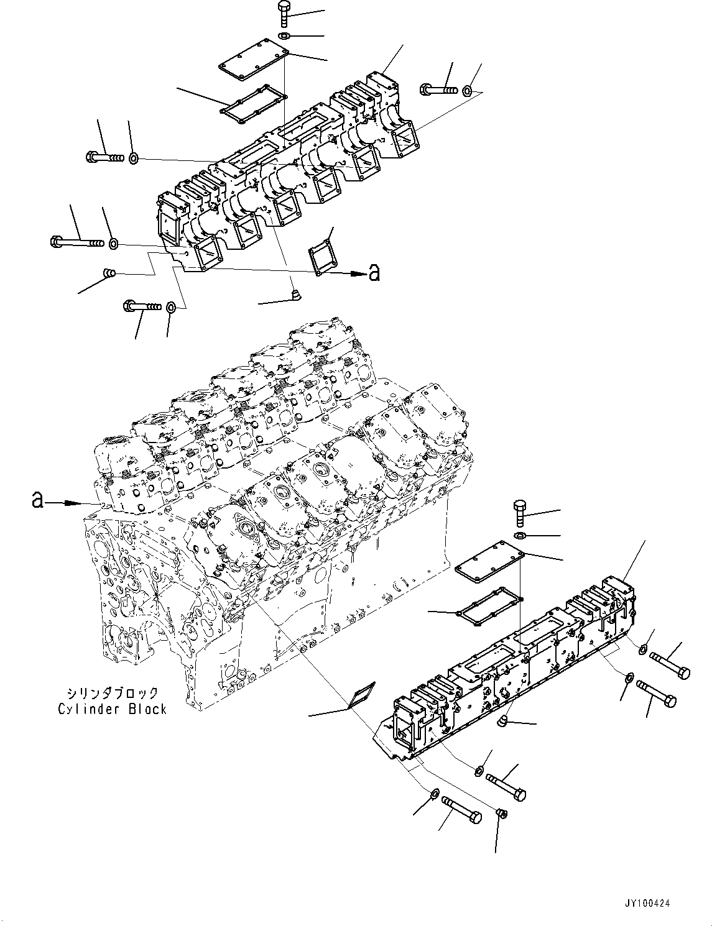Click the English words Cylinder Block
(x=113, y=708)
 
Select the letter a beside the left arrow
(x=38, y=500)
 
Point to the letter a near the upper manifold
(x=374, y=272)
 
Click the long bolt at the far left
(x=75, y=241)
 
